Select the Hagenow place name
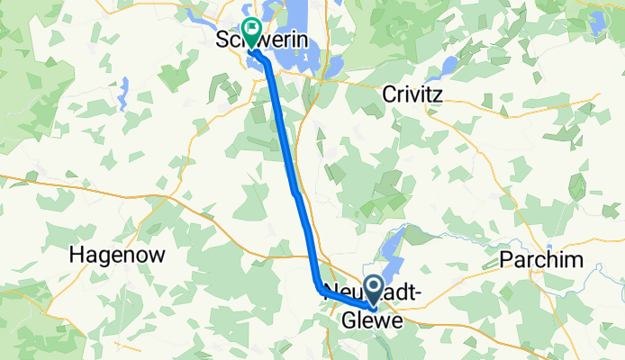[117, 255]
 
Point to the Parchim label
[541, 260]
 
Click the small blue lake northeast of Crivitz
[448, 65]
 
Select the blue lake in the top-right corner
[597, 20]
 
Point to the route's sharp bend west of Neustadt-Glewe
[318, 284]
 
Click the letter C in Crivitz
[389, 94]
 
